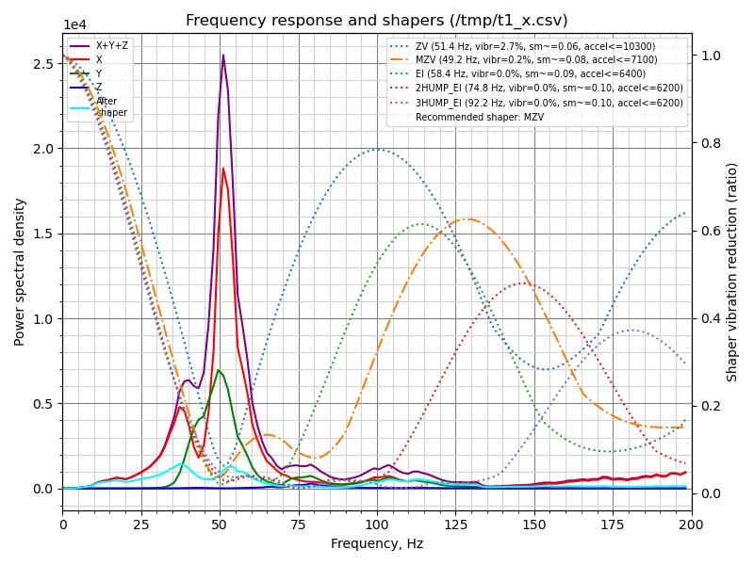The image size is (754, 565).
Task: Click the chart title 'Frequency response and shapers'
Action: point(377,21)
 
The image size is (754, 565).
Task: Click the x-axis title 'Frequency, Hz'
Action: point(377,543)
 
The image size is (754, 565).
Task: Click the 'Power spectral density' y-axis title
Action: point(20,271)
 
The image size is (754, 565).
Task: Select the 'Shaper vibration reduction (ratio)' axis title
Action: point(732,271)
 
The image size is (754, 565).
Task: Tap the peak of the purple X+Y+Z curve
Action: point(223,55)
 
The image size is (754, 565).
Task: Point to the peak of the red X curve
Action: point(223,169)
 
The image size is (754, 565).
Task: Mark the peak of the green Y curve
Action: point(219,370)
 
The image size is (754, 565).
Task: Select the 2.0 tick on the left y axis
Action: point(44,149)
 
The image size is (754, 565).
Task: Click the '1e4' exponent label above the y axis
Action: point(74,25)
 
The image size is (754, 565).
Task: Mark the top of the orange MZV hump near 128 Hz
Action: point(467,219)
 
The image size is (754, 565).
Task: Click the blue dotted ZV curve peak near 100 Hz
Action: point(377,149)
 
